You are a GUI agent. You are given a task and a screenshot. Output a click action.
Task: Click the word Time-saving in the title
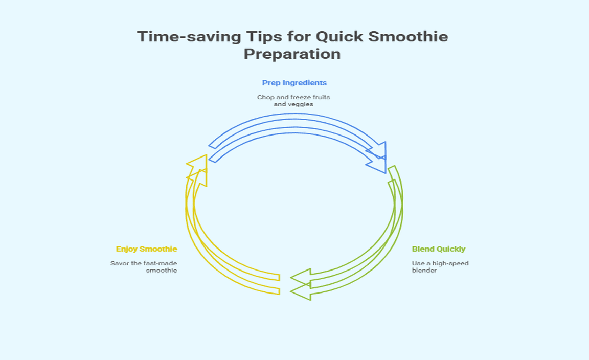(x=189, y=37)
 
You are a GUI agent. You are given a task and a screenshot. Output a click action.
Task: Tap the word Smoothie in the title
(x=408, y=37)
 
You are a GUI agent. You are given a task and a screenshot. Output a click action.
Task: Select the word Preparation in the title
(x=292, y=54)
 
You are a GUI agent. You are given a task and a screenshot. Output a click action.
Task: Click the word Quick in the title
(x=339, y=37)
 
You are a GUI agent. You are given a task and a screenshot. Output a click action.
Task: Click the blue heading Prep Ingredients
(x=294, y=83)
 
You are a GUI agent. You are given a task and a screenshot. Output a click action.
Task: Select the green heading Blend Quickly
(x=439, y=249)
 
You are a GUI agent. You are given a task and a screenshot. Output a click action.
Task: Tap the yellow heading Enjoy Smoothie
(x=147, y=249)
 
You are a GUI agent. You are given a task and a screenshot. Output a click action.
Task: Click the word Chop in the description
(x=265, y=97)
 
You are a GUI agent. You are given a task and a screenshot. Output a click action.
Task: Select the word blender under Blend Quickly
(x=424, y=270)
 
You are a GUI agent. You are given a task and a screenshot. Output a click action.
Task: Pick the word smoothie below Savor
(x=162, y=270)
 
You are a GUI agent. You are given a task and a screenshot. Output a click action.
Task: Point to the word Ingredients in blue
(x=305, y=83)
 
